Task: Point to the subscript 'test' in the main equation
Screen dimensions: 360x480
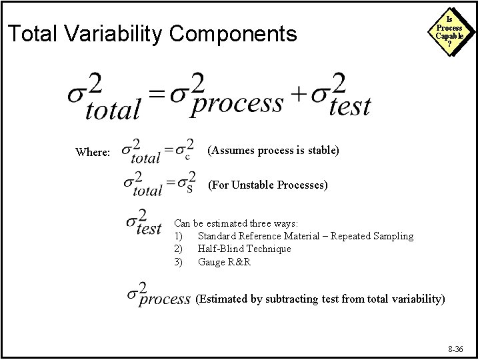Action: click(351, 107)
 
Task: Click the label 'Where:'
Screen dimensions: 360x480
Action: click(93, 152)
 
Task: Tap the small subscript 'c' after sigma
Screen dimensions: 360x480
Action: click(187, 157)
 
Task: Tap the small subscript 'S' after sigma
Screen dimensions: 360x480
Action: click(189, 189)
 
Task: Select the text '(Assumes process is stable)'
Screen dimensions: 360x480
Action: click(274, 151)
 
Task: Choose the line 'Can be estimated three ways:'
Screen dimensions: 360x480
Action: click(236, 223)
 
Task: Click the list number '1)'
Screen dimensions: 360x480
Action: click(178, 236)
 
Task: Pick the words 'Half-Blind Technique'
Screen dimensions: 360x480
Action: click(245, 249)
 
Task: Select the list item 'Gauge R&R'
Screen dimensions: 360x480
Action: click(223, 261)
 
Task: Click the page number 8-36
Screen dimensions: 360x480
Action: click(457, 349)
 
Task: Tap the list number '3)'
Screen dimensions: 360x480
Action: click(178, 261)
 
